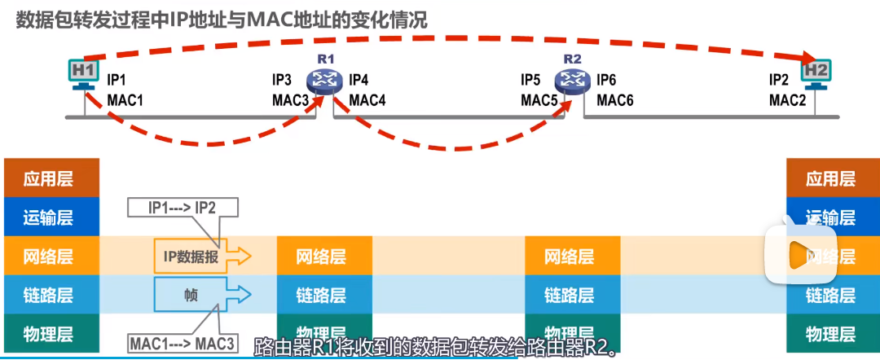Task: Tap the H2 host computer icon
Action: [x=816, y=72]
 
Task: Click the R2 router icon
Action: [x=573, y=79]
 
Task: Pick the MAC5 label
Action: [x=538, y=99]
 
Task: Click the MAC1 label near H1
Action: [x=125, y=99]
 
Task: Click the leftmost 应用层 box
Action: [x=51, y=178]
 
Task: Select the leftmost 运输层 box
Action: [x=51, y=217]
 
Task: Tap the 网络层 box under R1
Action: [x=324, y=257]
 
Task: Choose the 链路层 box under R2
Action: [x=572, y=295]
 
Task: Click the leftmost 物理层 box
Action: [x=51, y=334]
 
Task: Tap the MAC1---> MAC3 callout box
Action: [x=182, y=344]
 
